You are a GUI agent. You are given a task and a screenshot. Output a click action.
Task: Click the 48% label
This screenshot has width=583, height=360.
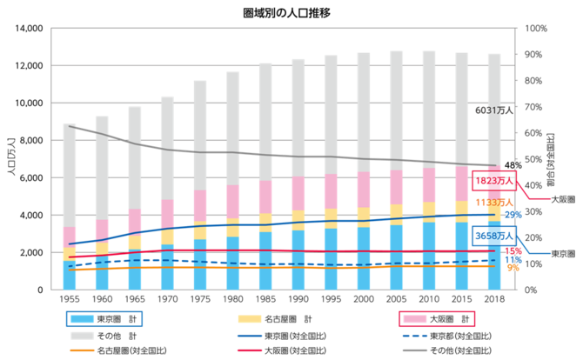click(x=513, y=164)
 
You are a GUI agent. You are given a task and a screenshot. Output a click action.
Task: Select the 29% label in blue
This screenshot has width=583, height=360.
click(x=513, y=214)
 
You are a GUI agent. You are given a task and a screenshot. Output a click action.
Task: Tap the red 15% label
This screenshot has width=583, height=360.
click(x=513, y=250)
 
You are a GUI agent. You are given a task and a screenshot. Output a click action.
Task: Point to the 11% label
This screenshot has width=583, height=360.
click(x=513, y=260)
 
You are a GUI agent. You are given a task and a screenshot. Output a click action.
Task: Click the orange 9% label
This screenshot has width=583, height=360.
click(x=513, y=270)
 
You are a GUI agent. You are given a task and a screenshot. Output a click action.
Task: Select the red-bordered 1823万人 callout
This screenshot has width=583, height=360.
click(x=495, y=181)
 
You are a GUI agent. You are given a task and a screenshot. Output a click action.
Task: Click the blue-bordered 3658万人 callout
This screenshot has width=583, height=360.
click(x=495, y=235)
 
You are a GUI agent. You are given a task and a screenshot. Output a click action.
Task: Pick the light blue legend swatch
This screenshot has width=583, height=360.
click(x=82, y=318)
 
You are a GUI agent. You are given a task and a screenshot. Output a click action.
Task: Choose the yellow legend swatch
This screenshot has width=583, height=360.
click(x=250, y=318)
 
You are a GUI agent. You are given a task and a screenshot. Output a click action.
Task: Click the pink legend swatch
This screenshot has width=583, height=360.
click(x=415, y=318)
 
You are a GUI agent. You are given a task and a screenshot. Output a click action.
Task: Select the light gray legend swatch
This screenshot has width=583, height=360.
click(x=82, y=335)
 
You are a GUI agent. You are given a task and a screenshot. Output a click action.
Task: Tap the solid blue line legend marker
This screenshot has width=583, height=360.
click(x=250, y=335)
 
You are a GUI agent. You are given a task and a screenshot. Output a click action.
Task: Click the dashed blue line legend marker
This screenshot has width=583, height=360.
click(x=415, y=335)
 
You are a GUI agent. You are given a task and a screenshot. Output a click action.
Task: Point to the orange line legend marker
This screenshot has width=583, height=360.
click(x=82, y=350)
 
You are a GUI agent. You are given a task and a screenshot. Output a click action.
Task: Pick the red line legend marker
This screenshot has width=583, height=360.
click(x=250, y=350)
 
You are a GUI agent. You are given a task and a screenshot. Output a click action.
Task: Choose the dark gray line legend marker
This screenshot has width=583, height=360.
click(x=415, y=350)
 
